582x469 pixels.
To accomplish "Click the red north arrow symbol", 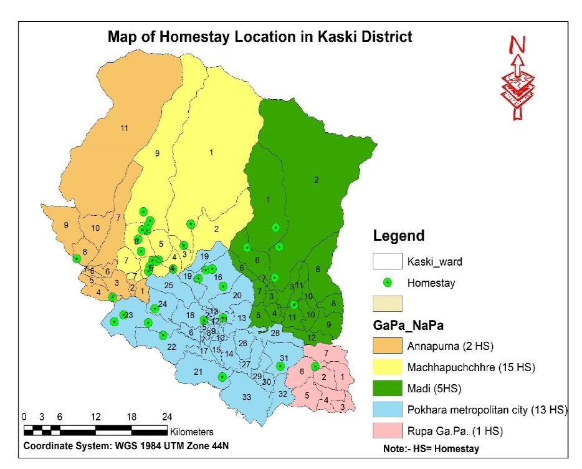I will pos(517,78).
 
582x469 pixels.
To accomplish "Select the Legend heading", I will pos(399,236).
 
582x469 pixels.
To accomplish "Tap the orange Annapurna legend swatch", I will pos(387,346).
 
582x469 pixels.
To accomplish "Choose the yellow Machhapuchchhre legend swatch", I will pos(387,367).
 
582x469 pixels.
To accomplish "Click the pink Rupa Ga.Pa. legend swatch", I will pos(387,430).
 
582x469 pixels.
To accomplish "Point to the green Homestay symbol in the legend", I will pos(387,283).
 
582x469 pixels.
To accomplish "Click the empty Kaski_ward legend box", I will pos(387,261).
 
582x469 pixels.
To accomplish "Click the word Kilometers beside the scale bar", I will pos(192,432).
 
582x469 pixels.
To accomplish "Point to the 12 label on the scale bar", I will pos(96,417).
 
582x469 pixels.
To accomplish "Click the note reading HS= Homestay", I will pos(431,448).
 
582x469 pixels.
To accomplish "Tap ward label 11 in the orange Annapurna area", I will pos(124,128).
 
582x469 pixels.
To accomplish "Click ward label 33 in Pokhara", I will pos(246,397).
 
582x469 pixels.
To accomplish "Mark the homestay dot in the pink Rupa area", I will pos(315,367).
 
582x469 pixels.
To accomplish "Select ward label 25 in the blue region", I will pos(168,285).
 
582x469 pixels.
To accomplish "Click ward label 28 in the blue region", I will pos(275,334).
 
